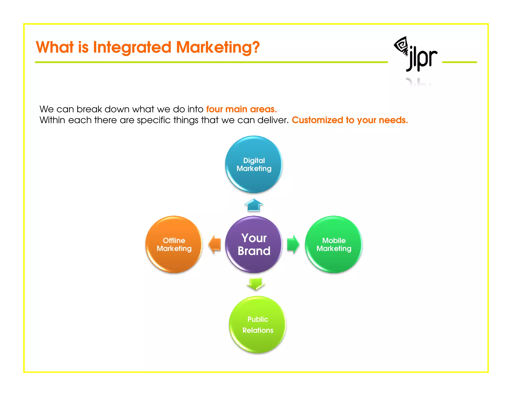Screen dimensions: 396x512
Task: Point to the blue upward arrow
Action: pos(254,205)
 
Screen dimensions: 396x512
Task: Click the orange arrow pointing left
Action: pos(215,244)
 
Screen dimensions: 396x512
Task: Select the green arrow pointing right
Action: pos(293,244)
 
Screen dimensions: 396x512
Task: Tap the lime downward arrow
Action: pos(256,284)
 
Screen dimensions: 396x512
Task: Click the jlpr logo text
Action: pos(422,59)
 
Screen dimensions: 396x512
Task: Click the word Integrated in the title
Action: pos(132,47)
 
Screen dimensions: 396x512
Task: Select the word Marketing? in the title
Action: pos(218,47)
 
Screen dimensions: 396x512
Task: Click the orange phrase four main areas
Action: pos(241,109)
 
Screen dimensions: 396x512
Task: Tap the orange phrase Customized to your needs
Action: pos(349,120)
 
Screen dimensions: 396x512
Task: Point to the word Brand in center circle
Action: pos(254,251)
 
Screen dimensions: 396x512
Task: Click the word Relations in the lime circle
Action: pos(258,330)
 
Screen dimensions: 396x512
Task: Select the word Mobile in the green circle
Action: pos(334,241)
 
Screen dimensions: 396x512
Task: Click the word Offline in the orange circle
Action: pos(174,241)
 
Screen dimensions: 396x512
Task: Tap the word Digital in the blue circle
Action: pos(254,160)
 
